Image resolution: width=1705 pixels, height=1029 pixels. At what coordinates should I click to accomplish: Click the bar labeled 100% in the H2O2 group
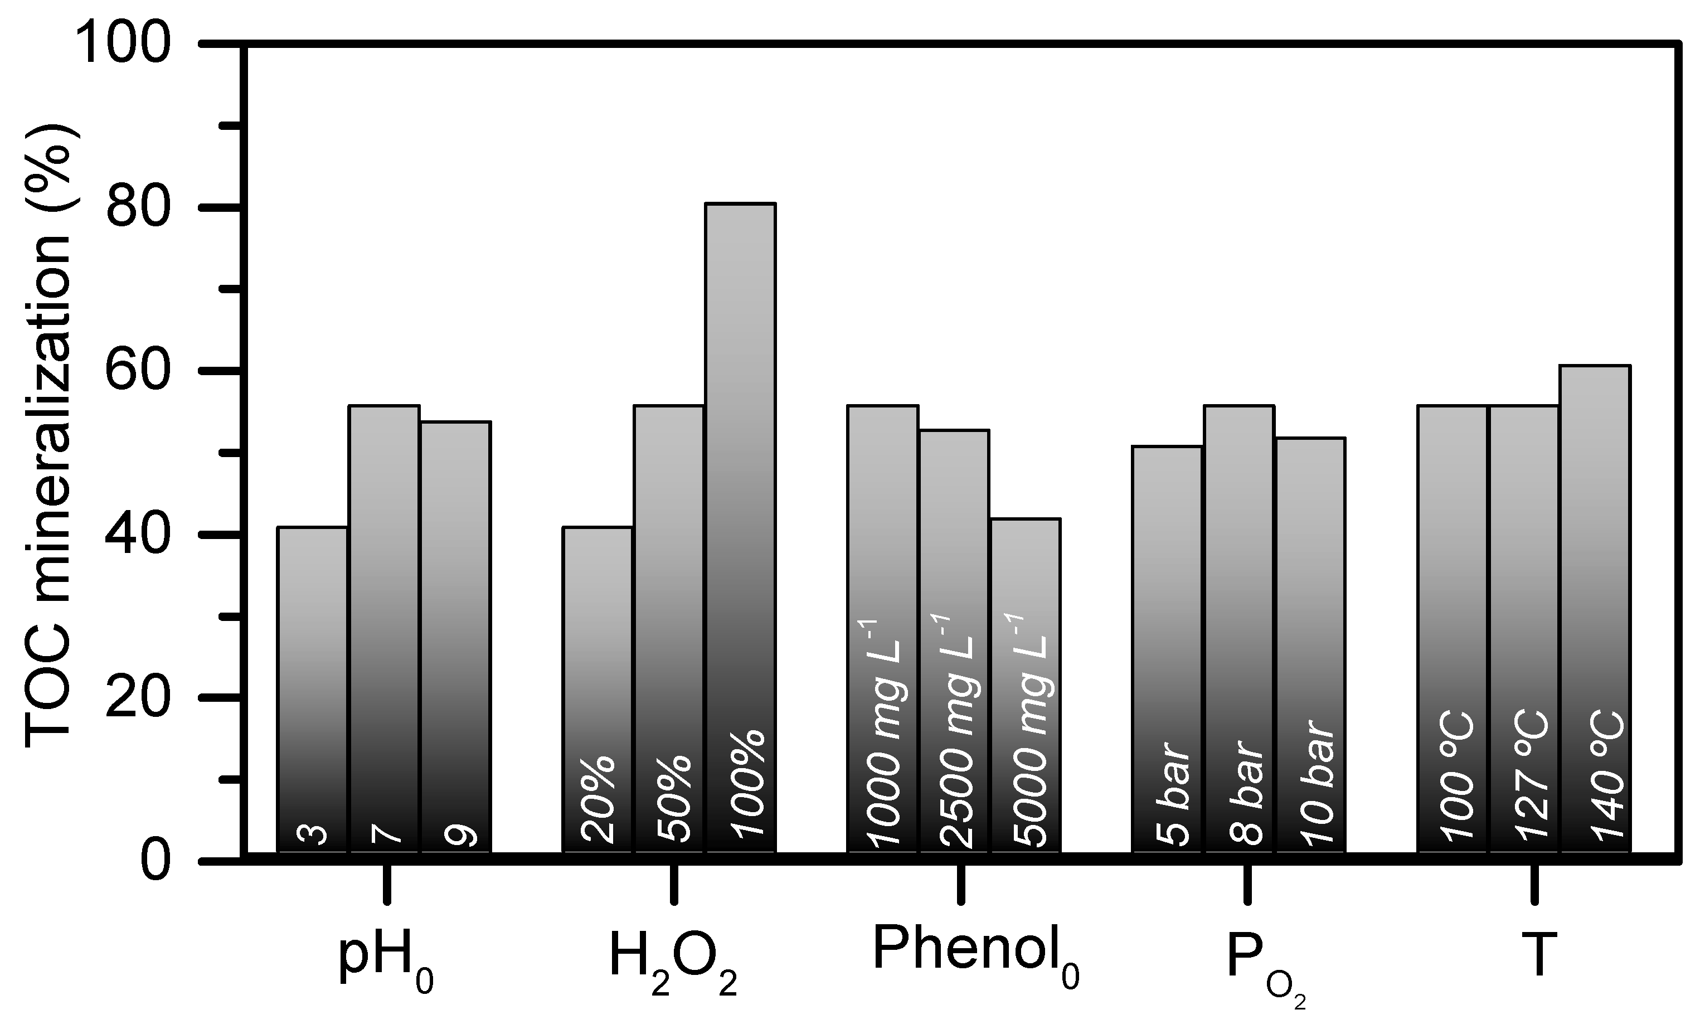click(740, 526)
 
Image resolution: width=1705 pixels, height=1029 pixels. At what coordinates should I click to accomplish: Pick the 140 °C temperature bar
click(1595, 609)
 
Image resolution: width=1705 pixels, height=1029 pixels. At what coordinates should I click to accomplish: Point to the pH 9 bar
click(456, 637)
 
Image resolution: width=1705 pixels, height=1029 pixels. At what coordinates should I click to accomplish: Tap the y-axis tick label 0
click(155, 862)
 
